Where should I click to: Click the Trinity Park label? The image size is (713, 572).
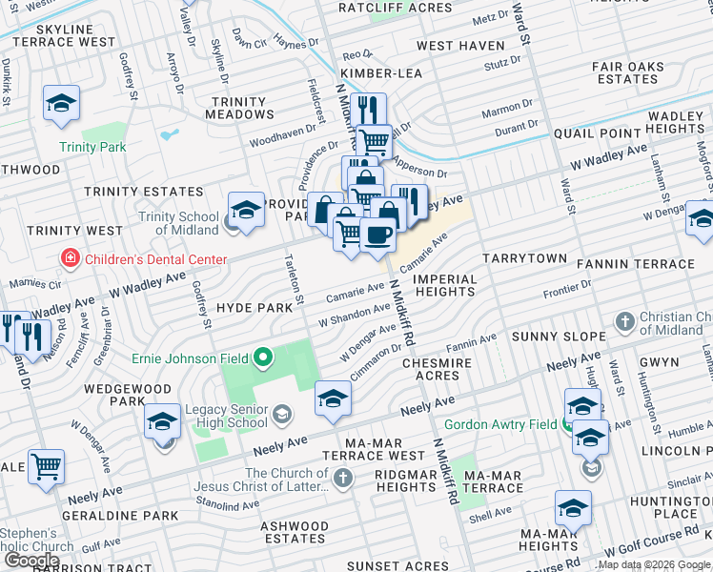point(92,147)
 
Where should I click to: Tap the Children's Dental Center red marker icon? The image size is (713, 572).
point(69,258)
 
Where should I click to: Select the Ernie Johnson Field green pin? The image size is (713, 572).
point(263,359)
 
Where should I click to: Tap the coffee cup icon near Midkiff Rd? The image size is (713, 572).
point(377,234)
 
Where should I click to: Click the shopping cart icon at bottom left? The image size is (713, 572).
point(46,466)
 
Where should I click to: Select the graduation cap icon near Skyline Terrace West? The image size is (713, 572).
point(61,103)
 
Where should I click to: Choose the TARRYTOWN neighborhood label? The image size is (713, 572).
point(524,258)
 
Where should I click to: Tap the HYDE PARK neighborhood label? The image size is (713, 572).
point(255,309)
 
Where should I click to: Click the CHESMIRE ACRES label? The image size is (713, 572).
point(445,369)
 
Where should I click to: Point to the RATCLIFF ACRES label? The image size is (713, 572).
point(396,8)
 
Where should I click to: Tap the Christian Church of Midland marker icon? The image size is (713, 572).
point(624,321)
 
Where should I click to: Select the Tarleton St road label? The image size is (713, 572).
point(293,280)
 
